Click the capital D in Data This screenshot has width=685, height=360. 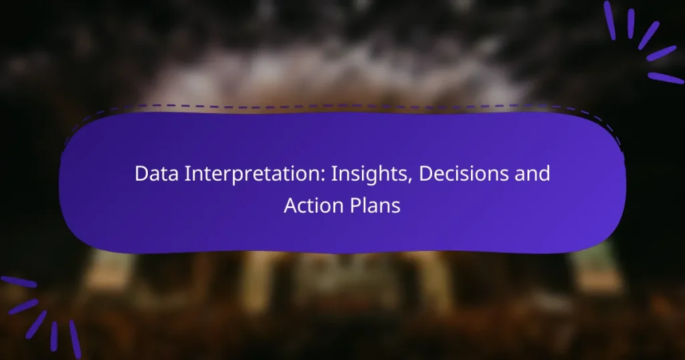point(140,174)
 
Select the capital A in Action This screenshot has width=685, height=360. point(290,205)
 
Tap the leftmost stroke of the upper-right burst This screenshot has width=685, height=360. point(609,20)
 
